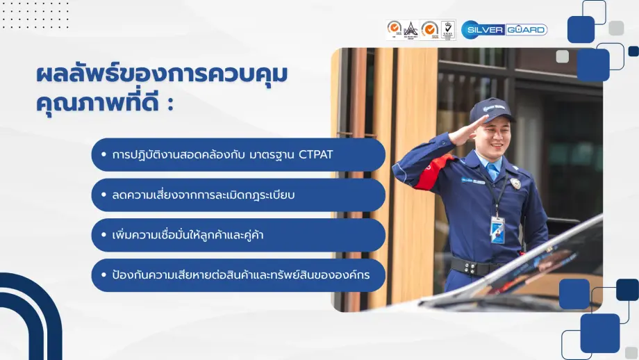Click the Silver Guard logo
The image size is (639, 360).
pos(504,30)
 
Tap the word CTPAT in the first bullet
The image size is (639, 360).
pos(315,154)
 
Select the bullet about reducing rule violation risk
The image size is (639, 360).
pos(238,195)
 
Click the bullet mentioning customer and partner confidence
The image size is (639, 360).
pos(238,235)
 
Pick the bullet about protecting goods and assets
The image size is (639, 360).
pos(238,275)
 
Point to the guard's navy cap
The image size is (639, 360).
pos(491,108)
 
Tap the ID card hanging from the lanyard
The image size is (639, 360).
pos(497,229)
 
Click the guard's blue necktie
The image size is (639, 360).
pos(492,170)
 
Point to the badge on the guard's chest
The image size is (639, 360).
pos(515,183)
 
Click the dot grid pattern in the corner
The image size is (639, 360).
pos(35,15)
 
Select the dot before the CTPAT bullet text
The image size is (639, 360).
pos(103,155)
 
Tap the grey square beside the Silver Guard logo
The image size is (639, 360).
pos(616,28)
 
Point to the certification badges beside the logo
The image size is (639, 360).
pos(421,30)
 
